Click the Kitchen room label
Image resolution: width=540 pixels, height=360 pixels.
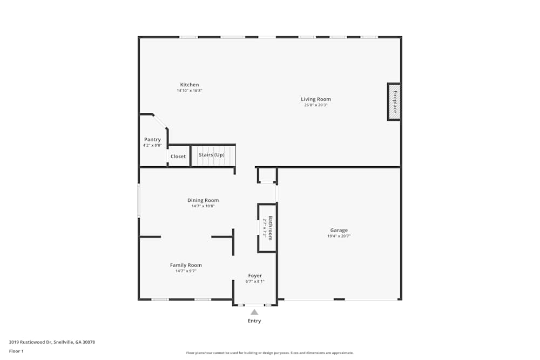[190, 85]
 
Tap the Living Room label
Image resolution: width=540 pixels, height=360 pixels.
[316, 99]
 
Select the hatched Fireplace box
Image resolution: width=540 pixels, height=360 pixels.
[394, 101]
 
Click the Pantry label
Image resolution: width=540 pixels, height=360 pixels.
[152, 140]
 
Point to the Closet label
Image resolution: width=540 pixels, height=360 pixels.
[178, 157]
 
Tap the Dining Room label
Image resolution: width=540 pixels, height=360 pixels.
[203, 200]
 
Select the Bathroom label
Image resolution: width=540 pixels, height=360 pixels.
[271, 228]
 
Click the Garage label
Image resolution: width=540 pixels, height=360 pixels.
[339, 230]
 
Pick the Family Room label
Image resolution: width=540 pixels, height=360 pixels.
[186, 265]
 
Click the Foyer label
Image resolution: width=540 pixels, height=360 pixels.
[255, 276]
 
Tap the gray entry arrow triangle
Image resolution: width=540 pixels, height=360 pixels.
[254, 312]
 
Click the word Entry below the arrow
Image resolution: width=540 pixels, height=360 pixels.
[254, 321]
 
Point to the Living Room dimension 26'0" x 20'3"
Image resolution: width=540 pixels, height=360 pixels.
[316, 105]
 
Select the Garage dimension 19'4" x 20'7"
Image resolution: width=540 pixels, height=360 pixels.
[339, 236]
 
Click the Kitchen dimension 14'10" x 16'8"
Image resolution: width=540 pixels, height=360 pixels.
[190, 91]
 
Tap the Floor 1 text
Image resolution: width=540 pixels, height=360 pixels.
[16, 351]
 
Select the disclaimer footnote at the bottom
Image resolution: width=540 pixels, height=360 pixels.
[270, 353]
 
